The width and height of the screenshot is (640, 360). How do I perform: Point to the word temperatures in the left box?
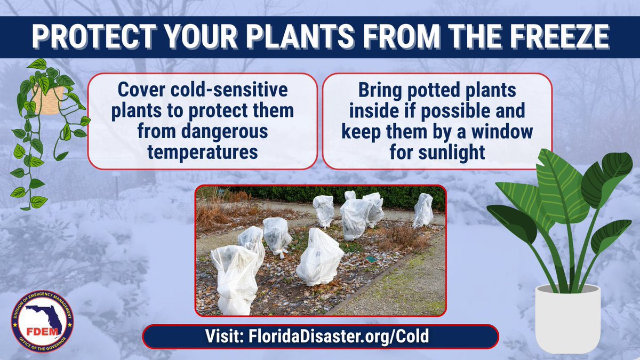203,152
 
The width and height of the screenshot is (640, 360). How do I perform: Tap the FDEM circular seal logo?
43,319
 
